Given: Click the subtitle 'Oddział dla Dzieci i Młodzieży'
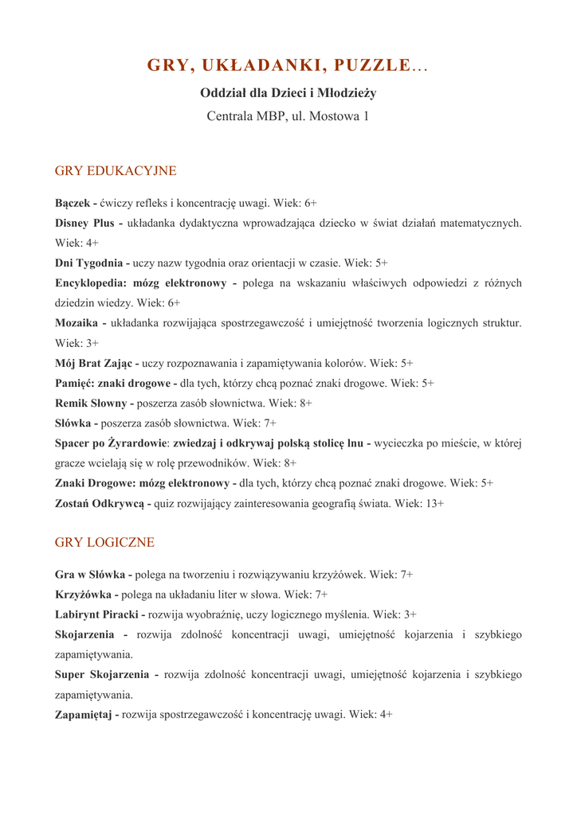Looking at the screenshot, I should [288, 93].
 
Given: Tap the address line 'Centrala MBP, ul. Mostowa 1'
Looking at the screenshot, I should [288, 116].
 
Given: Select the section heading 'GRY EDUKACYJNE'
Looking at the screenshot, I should [116, 171].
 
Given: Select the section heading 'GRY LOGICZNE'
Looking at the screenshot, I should [104, 543].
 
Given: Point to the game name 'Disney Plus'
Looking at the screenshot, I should [84, 224].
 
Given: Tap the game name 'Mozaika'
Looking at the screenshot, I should [77, 323].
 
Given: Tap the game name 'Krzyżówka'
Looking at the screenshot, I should [84, 595].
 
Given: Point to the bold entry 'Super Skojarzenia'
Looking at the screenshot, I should [102, 675].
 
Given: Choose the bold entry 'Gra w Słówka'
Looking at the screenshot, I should [90, 575].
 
